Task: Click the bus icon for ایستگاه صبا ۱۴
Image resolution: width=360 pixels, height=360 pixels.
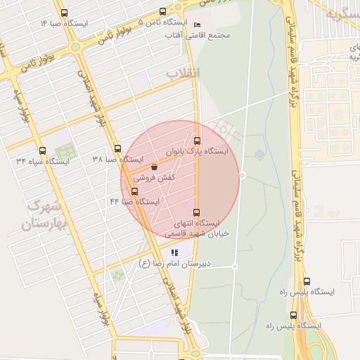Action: click(65, 13)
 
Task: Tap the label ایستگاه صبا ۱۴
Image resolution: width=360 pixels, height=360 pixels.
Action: click(64, 24)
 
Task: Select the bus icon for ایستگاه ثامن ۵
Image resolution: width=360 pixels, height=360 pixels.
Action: click(163, 12)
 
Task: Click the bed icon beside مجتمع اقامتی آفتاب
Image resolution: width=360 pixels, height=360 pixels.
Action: click(197, 25)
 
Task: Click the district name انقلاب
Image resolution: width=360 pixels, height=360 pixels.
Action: click(184, 73)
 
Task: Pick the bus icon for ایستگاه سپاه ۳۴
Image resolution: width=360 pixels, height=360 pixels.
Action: click(42, 150)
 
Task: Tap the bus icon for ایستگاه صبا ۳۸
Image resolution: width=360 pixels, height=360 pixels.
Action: click(117, 149)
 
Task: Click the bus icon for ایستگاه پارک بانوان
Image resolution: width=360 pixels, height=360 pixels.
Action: click(197, 140)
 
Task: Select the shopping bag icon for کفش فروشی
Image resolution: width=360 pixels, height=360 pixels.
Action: click(154, 167)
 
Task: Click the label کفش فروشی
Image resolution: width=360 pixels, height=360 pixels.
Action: click(154, 179)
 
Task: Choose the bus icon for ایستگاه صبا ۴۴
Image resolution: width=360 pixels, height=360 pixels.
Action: click(134, 191)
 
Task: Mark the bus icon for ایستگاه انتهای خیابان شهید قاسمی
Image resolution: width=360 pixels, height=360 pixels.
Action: click(196, 212)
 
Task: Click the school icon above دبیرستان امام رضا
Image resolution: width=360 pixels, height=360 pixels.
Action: click(174, 252)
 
